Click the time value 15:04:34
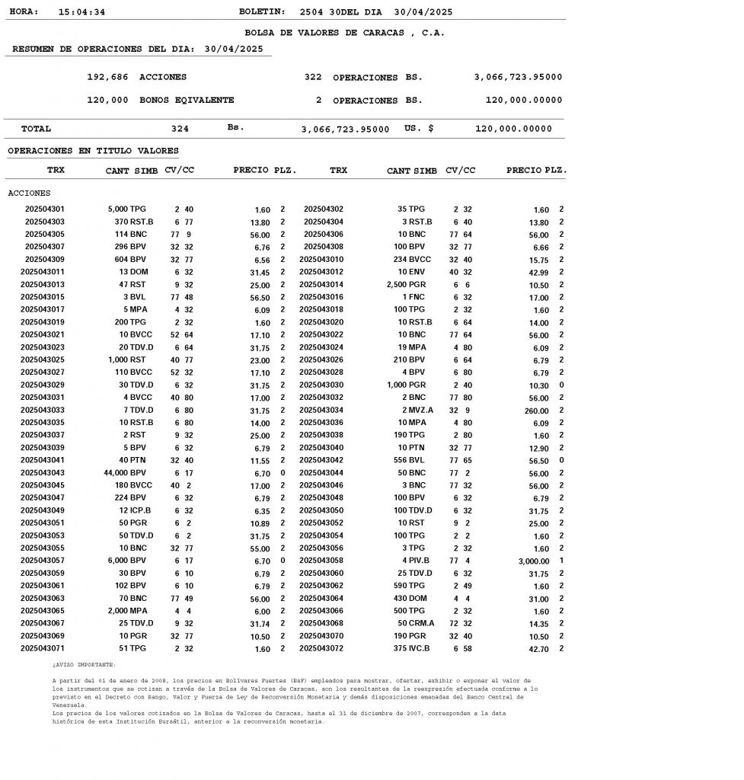pyautogui.click(x=81, y=12)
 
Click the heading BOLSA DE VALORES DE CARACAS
pyautogui.click(x=344, y=33)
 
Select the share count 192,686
pyautogui.click(x=107, y=78)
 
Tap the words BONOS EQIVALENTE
pyautogui.click(x=187, y=101)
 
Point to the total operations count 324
pyautogui.click(x=180, y=129)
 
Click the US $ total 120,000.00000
pyautogui.click(x=513, y=129)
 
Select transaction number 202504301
pyautogui.click(x=45, y=209)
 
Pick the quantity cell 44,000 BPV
pyautogui.click(x=125, y=473)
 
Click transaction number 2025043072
pyautogui.click(x=321, y=648)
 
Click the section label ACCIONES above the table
pyautogui.click(x=29, y=193)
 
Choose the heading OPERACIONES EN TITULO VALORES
pyautogui.click(x=93, y=151)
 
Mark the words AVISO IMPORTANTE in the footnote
pyautogui.click(x=85, y=664)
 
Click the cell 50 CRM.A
pyautogui.click(x=416, y=624)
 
